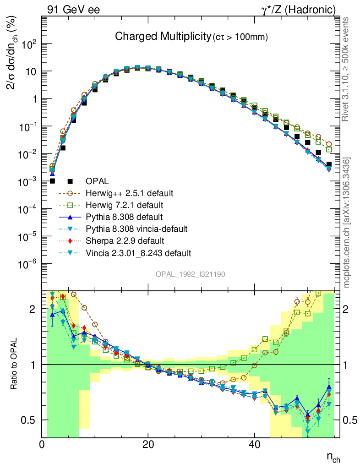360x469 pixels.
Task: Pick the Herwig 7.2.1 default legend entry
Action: tap(126, 205)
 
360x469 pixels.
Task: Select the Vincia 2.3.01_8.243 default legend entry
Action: tap(138, 252)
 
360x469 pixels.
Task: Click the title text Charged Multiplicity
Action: tap(162, 36)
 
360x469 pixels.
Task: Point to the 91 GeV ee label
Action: tap(74, 9)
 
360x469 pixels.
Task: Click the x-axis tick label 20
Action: tap(147, 444)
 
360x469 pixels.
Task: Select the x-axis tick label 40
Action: tap(253, 444)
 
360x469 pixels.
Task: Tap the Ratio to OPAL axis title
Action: tap(16, 364)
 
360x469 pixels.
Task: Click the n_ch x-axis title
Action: tap(333, 457)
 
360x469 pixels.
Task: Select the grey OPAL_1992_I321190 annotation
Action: tap(191, 274)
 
